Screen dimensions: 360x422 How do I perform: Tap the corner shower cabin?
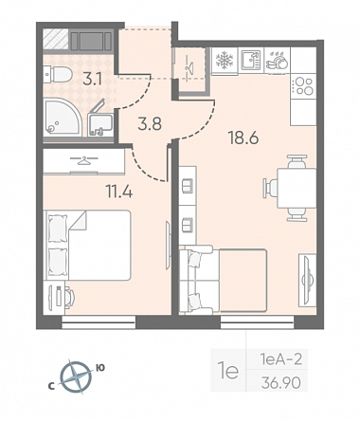[x=63, y=117]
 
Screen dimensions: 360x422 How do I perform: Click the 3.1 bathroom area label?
[x=92, y=79]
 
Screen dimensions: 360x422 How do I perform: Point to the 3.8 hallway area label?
[x=150, y=123]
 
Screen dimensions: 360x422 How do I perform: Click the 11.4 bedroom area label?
[x=119, y=191]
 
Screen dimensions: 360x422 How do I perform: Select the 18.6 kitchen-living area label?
[x=243, y=138]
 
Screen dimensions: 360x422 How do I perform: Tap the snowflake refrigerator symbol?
[x=225, y=61]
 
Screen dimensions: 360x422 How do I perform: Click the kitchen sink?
[x=251, y=60]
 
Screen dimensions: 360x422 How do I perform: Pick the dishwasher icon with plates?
[x=277, y=60]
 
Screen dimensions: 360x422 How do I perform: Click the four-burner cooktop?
[x=303, y=86]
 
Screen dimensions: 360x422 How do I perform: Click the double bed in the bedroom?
[x=88, y=245]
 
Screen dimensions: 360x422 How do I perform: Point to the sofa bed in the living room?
[x=223, y=280]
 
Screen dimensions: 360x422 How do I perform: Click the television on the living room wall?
[x=306, y=280]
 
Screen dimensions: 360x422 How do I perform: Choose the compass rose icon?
[x=76, y=377]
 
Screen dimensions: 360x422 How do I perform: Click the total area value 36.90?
[x=280, y=383]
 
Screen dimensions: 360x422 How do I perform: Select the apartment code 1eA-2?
[x=281, y=359]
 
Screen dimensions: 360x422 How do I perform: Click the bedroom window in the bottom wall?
[x=99, y=322]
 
